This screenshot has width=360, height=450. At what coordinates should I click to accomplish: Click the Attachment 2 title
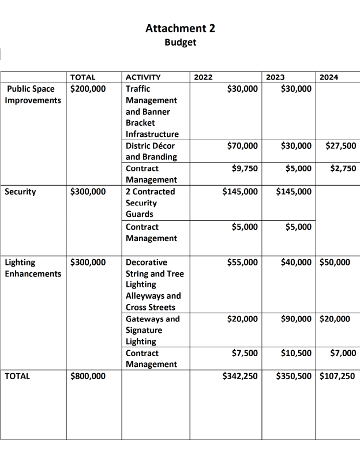(x=180, y=28)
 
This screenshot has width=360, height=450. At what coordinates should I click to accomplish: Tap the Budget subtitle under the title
(x=180, y=42)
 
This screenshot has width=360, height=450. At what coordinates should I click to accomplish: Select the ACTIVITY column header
(x=143, y=77)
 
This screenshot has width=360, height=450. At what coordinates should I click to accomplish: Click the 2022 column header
(x=203, y=77)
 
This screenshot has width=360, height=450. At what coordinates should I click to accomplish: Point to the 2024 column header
(x=329, y=77)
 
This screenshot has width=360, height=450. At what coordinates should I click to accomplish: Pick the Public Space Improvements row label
(x=32, y=95)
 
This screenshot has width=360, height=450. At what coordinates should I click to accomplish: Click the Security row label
(x=20, y=192)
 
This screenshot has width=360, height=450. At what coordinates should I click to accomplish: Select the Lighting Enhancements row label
(x=32, y=268)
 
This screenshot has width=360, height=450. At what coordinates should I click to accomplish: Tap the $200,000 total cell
(x=88, y=89)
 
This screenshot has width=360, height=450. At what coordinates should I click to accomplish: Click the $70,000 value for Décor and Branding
(x=242, y=146)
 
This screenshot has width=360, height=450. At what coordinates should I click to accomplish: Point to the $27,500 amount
(x=341, y=146)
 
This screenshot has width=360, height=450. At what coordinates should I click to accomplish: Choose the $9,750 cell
(x=244, y=168)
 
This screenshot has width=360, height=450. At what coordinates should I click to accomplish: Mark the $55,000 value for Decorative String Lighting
(x=242, y=262)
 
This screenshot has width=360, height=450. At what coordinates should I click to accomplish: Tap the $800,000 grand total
(x=88, y=376)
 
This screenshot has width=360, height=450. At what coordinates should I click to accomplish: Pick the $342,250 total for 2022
(x=239, y=376)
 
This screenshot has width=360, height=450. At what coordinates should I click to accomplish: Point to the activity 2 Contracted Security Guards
(x=150, y=202)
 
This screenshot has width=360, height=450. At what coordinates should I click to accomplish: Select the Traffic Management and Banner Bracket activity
(x=152, y=111)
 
